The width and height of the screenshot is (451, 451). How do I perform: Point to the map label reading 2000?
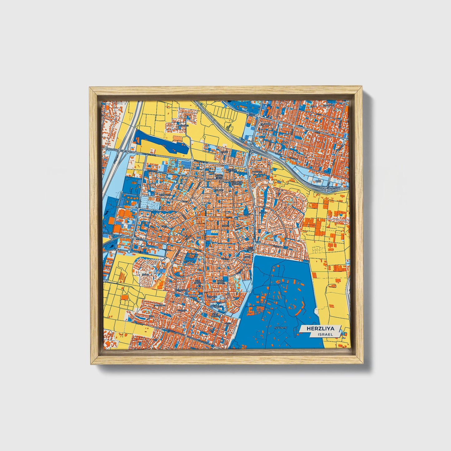point(267,124)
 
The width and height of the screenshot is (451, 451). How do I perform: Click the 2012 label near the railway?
point(318,181)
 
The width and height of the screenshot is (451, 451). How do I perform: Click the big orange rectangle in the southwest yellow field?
point(125,298)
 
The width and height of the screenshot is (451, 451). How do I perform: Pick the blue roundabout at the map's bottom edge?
point(212,346)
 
